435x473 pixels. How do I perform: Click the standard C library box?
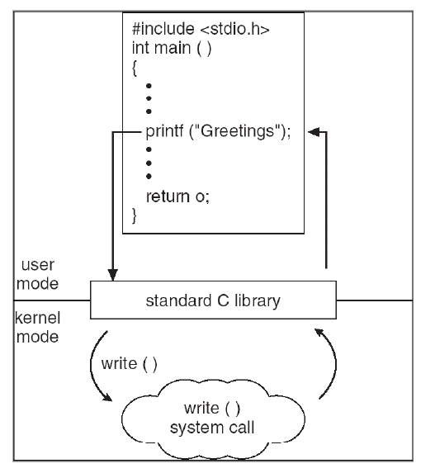coord(213,300)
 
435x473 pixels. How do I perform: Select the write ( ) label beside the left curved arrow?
coord(122,364)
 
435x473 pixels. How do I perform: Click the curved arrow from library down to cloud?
coord(93,363)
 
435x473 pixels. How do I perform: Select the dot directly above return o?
coord(149,176)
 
